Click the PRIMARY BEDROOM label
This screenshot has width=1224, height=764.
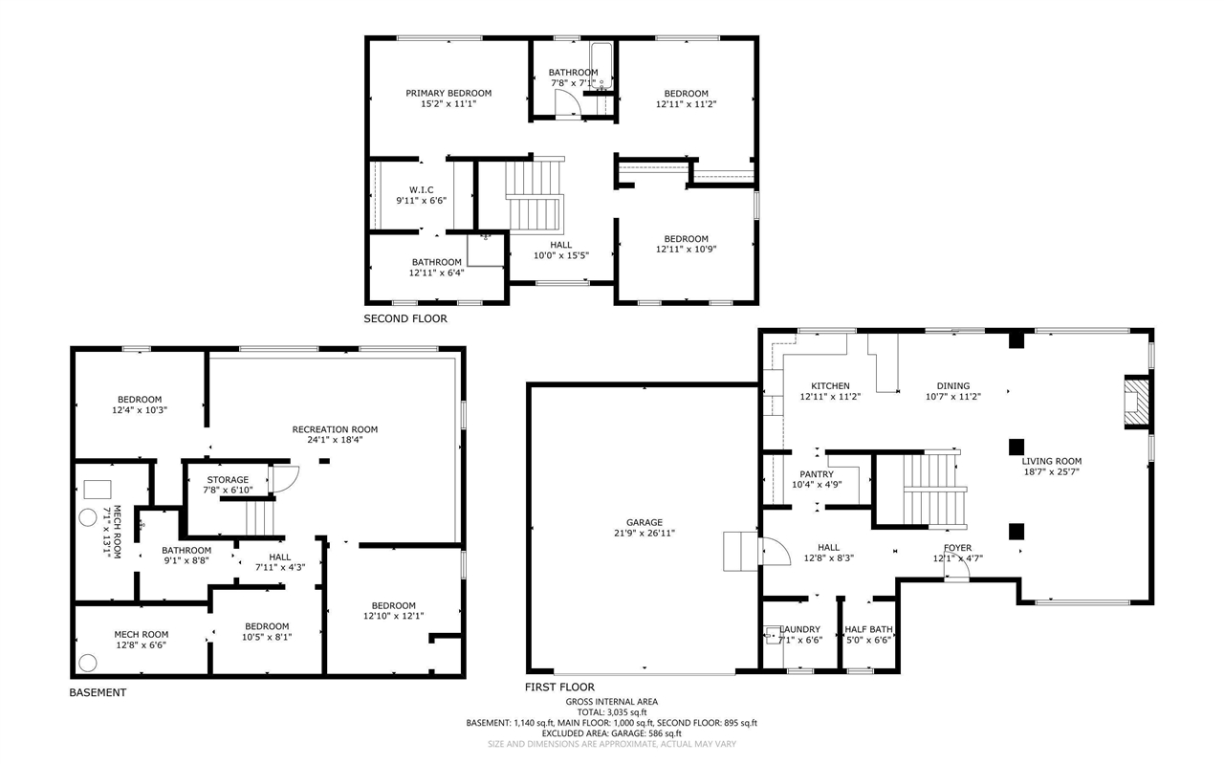pyautogui.click(x=448, y=93)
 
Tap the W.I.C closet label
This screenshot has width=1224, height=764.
pyautogui.click(x=422, y=190)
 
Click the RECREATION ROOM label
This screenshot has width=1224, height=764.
pyautogui.click(x=335, y=429)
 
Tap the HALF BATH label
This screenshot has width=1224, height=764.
pyautogui.click(x=868, y=629)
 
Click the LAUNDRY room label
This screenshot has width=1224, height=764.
pyautogui.click(x=800, y=629)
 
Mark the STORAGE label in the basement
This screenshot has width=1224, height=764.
pyautogui.click(x=228, y=479)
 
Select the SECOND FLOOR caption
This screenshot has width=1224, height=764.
pyautogui.click(x=404, y=318)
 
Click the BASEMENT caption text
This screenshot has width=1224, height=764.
pyautogui.click(x=98, y=692)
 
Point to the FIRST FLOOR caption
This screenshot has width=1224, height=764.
pyautogui.click(x=559, y=687)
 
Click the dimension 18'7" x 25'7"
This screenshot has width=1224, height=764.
pyautogui.click(x=1051, y=472)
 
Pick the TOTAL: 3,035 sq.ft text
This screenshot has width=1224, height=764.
pyautogui.click(x=612, y=712)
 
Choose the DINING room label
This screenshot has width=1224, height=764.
pyautogui.click(x=952, y=386)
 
